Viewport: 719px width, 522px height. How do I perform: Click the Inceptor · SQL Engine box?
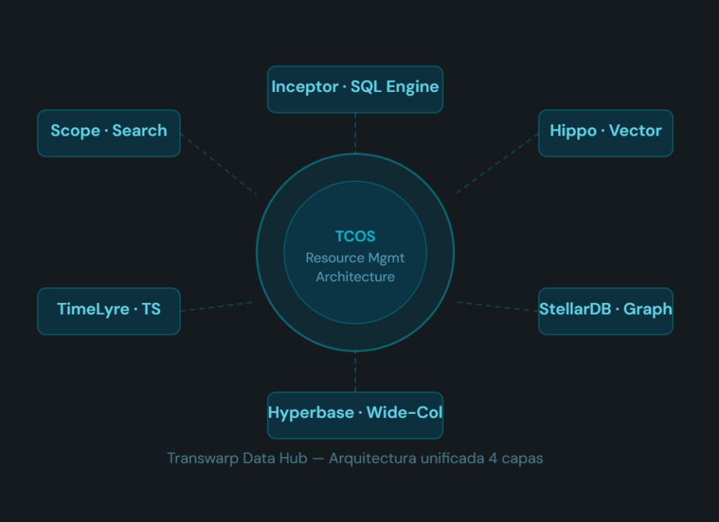coord(355,89)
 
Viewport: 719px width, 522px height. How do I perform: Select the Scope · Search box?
coord(109,132)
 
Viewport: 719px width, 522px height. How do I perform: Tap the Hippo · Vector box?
coord(605,132)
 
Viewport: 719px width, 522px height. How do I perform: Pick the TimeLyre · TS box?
coord(109,311)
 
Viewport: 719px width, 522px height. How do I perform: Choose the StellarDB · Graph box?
coord(605,311)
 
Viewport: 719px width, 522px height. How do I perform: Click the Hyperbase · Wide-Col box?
coord(355,415)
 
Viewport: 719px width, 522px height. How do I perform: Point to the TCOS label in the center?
coord(355,237)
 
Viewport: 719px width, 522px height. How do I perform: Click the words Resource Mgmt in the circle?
coord(355,258)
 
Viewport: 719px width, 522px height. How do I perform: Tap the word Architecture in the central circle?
coord(355,277)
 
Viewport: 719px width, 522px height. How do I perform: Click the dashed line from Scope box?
coord(218,164)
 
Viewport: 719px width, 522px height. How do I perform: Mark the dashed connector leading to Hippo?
coord(497,163)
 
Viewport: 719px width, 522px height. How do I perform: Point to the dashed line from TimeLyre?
coord(218,306)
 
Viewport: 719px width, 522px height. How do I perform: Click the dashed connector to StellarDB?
coord(497,306)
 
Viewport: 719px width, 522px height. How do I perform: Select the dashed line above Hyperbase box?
coord(355,371)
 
